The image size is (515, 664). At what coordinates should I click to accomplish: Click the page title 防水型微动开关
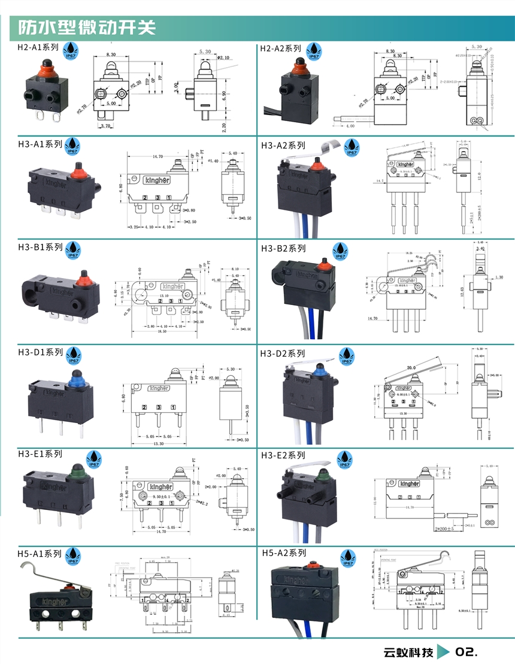[x=87, y=28]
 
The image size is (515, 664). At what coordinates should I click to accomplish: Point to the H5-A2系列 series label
[x=284, y=553]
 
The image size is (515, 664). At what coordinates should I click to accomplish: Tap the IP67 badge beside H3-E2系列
[x=345, y=460]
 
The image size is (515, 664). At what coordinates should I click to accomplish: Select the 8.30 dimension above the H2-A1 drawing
[x=111, y=55]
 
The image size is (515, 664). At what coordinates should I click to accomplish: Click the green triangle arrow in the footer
[x=443, y=651]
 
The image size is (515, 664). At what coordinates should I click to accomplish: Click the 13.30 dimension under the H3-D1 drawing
[x=157, y=444]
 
